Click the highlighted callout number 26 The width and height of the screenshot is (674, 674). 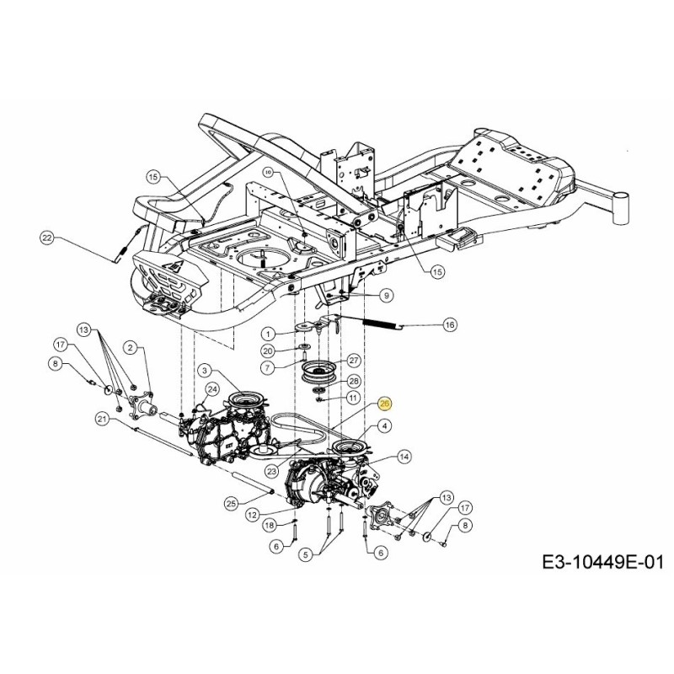point(385,404)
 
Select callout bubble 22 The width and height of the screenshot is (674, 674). point(47,238)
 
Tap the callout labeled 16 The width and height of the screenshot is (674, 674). point(449,324)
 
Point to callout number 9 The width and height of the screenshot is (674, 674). point(386,295)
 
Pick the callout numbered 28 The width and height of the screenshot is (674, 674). point(354,381)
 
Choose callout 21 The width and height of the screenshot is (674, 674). point(102,420)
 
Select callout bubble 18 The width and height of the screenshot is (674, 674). point(270,525)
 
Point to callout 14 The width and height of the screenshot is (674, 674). point(404,457)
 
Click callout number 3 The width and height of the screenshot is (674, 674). point(205,370)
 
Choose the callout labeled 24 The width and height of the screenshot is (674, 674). point(213,389)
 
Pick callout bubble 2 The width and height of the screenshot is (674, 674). point(131,347)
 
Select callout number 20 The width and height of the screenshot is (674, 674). point(267,350)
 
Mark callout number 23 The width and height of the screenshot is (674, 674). point(271,471)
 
